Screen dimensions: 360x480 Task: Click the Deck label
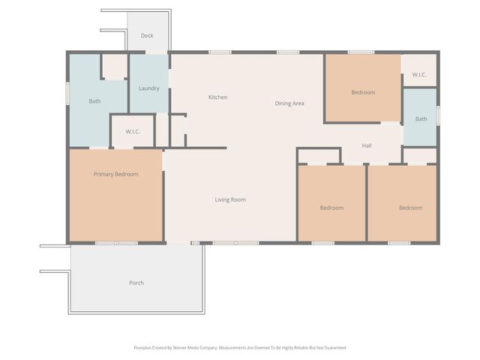point(147,35)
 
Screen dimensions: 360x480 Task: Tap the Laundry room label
point(148,88)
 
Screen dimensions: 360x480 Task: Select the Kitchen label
point(217,97)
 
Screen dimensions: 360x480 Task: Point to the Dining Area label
point(289,103)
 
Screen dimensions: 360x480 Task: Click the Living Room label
point(230,199)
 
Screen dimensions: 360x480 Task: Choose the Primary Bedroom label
point(115,175)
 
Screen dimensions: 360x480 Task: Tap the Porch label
point(136,283)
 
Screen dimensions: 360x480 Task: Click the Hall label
point(367,145)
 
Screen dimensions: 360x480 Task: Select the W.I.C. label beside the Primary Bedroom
point(133,132)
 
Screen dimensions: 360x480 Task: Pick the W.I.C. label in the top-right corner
point(419,74)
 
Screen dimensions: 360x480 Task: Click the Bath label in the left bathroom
point(94,101)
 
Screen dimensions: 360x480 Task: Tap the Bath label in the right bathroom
point(421,118)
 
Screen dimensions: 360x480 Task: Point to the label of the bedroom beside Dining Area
point(363,93)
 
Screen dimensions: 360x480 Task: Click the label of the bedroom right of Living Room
point(331,208)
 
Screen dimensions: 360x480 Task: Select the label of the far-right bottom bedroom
point(410,208)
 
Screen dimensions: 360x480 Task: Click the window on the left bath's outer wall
point(68,94)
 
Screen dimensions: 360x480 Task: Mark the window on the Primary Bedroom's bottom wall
point(116,243)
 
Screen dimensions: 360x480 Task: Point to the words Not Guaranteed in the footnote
point(331,348)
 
